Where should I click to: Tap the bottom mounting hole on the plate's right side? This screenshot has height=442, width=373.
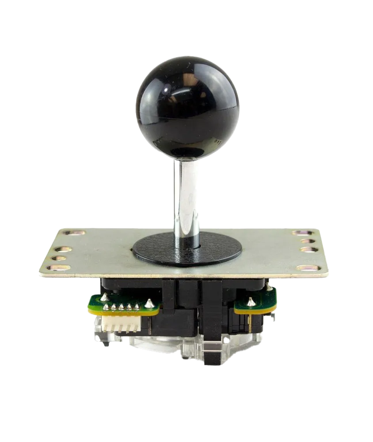coord(307,267)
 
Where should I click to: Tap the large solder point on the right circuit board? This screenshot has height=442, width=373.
coord(251,302)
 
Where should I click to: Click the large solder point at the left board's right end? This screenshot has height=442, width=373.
coord(149,303)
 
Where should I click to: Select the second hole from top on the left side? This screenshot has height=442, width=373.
coord(64,244)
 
